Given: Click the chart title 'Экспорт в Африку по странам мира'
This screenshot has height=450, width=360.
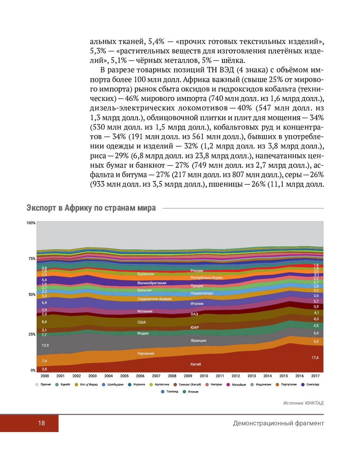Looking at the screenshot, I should (x=91, y=208).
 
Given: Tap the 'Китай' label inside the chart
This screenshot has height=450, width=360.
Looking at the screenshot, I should (x=196, y=364).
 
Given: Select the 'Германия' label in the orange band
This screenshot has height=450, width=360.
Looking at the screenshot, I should (x=146, y=353).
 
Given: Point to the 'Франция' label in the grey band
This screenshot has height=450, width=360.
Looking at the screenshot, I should (x=198, y=340).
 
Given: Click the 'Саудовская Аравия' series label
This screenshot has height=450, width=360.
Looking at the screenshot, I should (x=154, y=299).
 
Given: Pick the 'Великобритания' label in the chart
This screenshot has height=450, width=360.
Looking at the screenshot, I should (x=152, y=283).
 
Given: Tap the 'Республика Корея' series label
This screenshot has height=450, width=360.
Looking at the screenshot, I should (x=206, y=278).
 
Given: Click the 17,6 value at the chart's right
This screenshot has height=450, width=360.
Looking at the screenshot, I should (x=315, y=358).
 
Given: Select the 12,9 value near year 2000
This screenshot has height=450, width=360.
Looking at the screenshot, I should (x=45, y=345).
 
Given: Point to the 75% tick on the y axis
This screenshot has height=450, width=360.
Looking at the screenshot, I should (x=32, y=259).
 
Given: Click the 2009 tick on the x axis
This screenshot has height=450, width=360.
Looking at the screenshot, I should (x=188, y=376).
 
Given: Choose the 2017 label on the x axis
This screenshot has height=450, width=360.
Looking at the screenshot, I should (x=315, y=376).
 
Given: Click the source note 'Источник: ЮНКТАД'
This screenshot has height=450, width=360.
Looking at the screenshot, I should (x=303, y=403).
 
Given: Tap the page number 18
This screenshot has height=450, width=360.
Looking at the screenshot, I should (x=41, y=423).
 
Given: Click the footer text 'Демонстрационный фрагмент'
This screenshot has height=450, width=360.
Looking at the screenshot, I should (x=278, y=423).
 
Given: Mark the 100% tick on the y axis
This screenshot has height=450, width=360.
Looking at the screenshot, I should (x=31, y=223).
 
